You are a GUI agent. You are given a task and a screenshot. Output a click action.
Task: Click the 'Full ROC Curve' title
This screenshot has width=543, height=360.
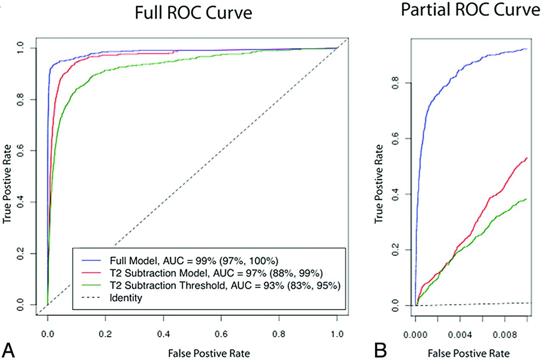point(193,13)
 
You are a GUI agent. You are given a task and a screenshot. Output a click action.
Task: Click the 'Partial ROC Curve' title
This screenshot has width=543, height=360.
point(471,10)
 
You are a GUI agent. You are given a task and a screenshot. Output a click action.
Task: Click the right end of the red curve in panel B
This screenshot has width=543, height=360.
point(526,158)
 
